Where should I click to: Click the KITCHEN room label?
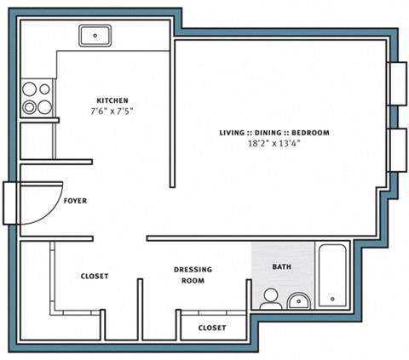tap(112, 100)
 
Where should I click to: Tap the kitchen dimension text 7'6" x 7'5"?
tap(112, 111)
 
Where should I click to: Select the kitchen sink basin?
tap(97, 36)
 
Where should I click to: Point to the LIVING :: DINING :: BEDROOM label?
tap(274, 133)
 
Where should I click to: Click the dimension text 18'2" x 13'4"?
tap(274, 144)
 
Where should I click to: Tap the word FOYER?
tap(75, 202)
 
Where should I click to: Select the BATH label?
tap(280, 266)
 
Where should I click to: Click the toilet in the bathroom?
tap(271, 298)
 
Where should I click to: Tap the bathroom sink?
tap(298, 300)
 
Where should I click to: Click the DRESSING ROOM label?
tap(193, 275)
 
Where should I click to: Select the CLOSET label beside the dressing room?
tap(95, 277)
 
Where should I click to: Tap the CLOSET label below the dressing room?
tap(211, 328)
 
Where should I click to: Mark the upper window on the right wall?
tap(397, 83)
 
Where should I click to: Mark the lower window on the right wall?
tap(397, 149)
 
